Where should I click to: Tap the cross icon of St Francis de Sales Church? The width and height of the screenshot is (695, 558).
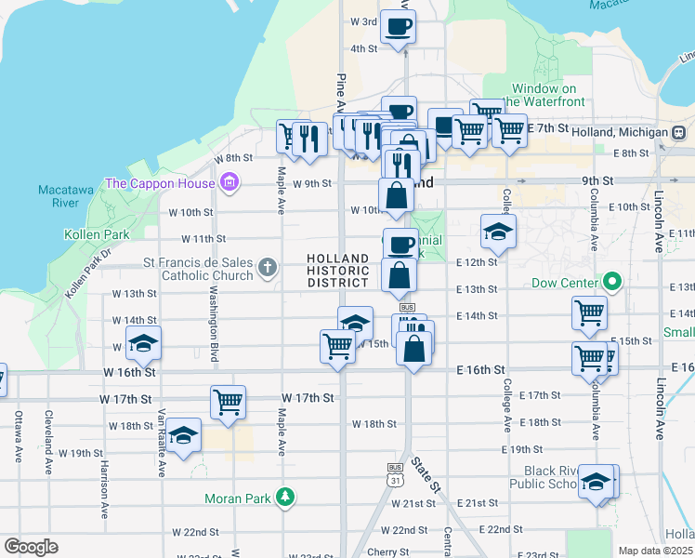(x=268, y=269)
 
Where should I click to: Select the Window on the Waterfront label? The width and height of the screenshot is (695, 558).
(x=544, y=95)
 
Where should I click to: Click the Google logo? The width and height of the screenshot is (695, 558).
(x=31, y=547)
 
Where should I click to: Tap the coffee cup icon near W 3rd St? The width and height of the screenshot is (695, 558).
(x=400, y=26)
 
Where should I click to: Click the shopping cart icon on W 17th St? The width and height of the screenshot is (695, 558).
(x=228, y=402)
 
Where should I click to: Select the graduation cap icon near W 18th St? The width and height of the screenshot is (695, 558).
(x=184, y=435)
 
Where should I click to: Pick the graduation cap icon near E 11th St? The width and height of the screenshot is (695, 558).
(x=499, y=232)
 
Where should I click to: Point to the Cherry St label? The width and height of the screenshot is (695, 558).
(x=387, y=551)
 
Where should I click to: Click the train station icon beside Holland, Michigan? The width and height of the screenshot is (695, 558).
(x=679, y=133)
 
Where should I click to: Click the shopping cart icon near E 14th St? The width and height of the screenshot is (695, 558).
(x=590, y=314)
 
